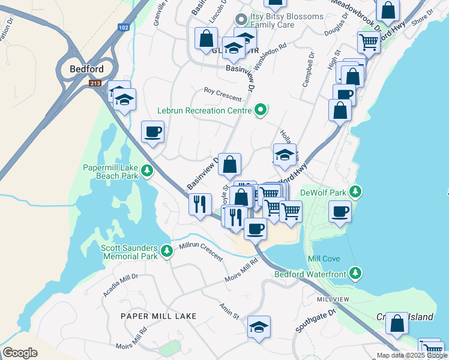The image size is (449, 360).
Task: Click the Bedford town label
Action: pos(87,69)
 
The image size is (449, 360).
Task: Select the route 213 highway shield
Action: pos(95,83)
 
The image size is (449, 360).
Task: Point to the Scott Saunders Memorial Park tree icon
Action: pos(168,252)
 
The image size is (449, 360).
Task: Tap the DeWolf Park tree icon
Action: pos(357,192)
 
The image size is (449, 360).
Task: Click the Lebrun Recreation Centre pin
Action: pos(261,110)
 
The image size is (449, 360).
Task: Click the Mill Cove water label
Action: pos(324,259)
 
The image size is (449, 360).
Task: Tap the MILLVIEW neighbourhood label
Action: pos(333,298)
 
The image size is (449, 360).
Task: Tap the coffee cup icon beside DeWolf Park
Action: pos(340,212)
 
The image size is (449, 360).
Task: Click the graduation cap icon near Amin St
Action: pos(259,327)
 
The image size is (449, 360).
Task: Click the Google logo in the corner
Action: pos(20,353)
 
